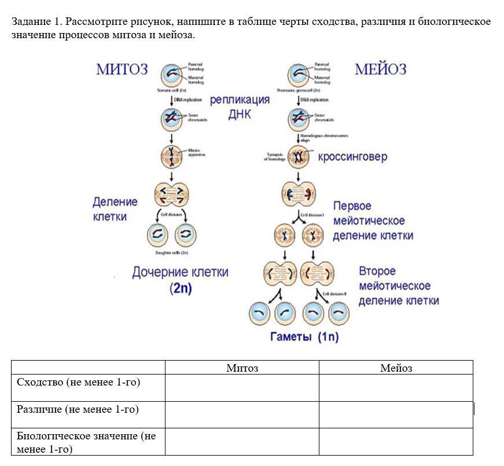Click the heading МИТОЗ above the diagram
coord(122,70)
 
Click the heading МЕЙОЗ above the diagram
coord(380,70)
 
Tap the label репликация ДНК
coord(240,107)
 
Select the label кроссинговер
coord(352,157)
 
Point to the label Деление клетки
coord(115,209)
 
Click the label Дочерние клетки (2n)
coord(180,280)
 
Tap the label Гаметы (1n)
coord(304,337)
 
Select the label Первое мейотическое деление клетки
coord(373,221)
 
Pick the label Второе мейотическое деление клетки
coord(398,286)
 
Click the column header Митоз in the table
coord(242,368)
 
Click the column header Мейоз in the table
coord(396,368)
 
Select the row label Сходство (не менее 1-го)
coord(79,382)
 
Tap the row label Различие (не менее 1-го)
coord(78,409)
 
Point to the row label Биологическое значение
coord(86,442)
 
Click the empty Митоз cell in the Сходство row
coord(242,388)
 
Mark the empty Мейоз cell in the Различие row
coord(396,414)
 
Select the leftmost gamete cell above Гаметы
coord(259,314)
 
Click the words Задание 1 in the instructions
coord(36,22)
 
